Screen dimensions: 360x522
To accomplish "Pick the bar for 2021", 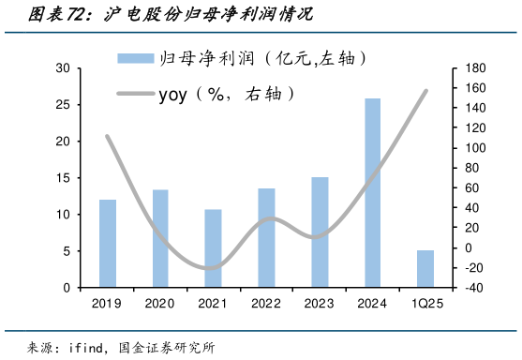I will pos(214,248).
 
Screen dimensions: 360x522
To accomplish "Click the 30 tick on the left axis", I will pos(62,68).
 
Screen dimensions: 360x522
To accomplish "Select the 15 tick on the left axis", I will pos(62,178).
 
